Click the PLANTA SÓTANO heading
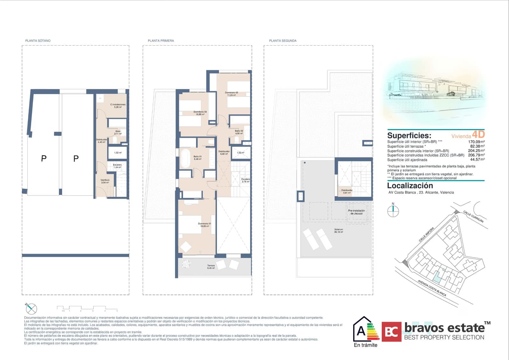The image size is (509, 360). tap(38, 41)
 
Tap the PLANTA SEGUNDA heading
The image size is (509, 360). tap(282, 41)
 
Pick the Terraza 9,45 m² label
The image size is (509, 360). tap(211, 267)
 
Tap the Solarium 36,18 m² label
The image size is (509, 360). tap(338, 231)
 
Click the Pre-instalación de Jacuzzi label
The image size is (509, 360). tap(356, 212)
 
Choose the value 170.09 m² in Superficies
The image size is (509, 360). tap(476, 142)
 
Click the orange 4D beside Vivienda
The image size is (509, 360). tap(478, 134)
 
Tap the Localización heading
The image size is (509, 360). tap(410, 186)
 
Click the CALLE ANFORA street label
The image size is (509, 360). tap(426, 234)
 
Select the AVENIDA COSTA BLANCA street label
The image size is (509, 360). tap(432, 288)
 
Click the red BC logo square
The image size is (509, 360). tap(391, 332)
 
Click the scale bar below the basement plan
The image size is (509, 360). tap(87, 308)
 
